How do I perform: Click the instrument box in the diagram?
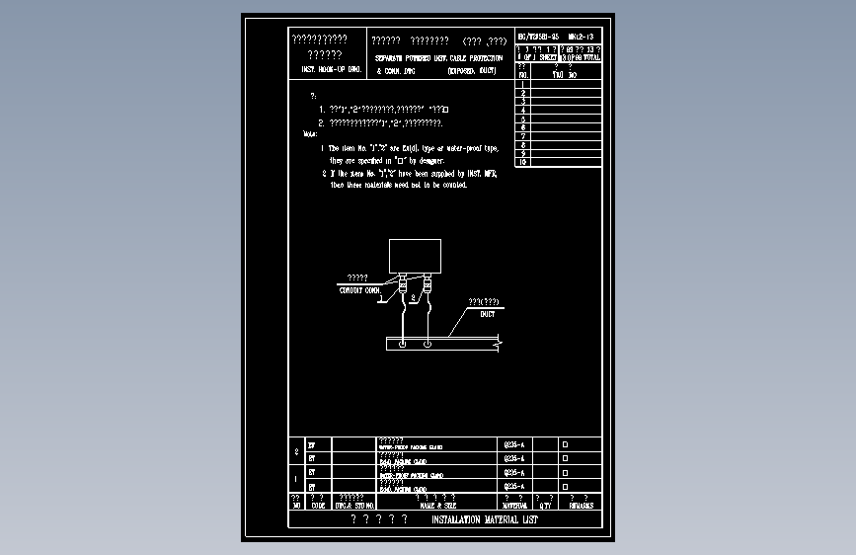click(414, 256)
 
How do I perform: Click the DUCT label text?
click(487, 314)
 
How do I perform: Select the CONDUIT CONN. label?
click(359, 290)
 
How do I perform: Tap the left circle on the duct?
click(403, 344)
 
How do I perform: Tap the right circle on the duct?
click(427, 344)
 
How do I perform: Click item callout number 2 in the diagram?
click(414, 297)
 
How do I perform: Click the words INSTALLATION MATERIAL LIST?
click(485, 519)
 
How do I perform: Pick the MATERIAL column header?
click(515, 505)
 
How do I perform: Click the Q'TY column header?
click(545, 505)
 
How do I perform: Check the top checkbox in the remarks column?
click(566, 444)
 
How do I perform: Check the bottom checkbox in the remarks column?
click(566, 487)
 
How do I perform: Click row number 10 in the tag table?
click(523, 162)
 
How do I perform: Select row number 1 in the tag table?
click(523, 84)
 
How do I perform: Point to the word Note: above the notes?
click(310, 132)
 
